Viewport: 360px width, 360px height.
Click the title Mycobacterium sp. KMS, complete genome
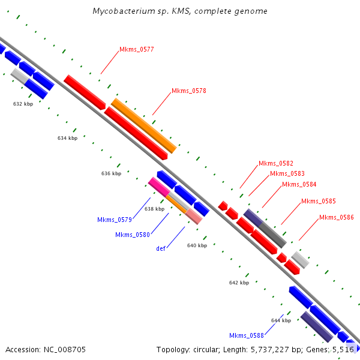pos(180,11)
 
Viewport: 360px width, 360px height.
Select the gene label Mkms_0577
pos(136,50)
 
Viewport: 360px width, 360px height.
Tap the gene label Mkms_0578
pos(189,91)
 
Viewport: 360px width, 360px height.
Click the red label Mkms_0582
pos(275,163)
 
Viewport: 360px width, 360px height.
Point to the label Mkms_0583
pos(287,173)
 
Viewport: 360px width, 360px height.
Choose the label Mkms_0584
pos(299,184)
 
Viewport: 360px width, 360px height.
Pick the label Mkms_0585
pos(318,201)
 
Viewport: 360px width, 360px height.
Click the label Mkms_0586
pos(336,217)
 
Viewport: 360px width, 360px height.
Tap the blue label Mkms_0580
pos(132,235)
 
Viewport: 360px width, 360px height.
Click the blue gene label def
pos(161,248)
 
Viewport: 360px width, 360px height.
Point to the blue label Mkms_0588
pos(246,335)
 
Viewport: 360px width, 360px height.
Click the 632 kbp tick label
pos(23,104)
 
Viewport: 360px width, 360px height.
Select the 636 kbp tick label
pos(111,173)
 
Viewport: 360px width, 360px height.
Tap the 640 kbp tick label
pos(197,245)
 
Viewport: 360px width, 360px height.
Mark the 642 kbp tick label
pos(239,283)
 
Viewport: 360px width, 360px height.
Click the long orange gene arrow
pos(144,125)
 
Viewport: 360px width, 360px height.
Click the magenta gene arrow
pos(158,187)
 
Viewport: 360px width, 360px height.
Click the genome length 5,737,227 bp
pos(260,349)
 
